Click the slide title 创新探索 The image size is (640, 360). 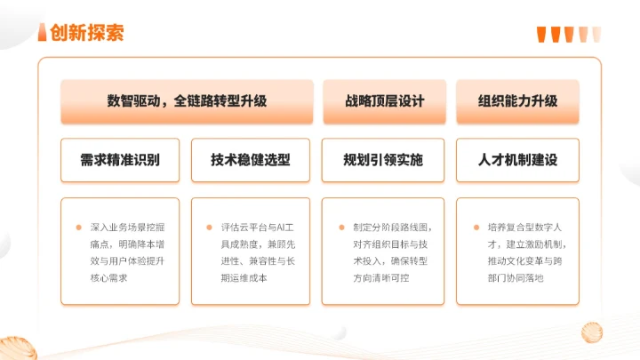point(87,33)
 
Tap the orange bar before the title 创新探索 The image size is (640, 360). point(42,33)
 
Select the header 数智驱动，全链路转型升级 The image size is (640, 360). point(187,100)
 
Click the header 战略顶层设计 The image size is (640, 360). point(384,100)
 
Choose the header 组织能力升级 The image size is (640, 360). point(517,100)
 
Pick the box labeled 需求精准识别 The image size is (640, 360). point(120,160)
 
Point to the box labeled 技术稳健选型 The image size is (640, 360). point(251,160)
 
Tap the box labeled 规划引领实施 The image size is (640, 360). point(384,160)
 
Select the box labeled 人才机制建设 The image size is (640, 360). point(517,160)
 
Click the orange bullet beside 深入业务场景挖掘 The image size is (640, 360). point(78,227)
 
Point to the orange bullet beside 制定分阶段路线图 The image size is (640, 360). point(342,227)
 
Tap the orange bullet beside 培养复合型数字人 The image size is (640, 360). point(476,227)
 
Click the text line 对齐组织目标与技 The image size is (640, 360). point(392,244)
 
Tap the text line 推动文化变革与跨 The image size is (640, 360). point(525,261)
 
